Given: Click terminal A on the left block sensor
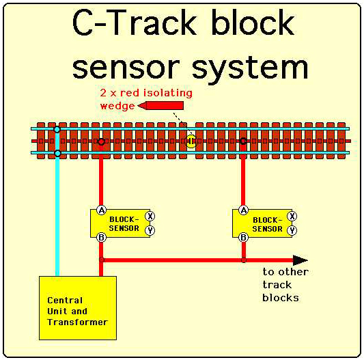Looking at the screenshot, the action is [x=102, y=210].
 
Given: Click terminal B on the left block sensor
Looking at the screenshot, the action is [x=102, y=237].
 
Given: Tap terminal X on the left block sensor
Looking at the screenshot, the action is [x=150, y=217].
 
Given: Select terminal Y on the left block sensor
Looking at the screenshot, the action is [x=150, y=230].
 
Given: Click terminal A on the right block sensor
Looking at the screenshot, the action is [x=244, y=210].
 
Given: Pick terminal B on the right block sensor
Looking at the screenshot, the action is [x=244, y=237].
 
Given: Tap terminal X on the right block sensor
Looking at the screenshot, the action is [x=292, y=217].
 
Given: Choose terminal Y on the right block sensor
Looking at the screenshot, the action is [x=292, y=230].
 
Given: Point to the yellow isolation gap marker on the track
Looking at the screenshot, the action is [x=191, y=141].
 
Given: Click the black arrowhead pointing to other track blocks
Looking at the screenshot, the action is [x=300, y=260].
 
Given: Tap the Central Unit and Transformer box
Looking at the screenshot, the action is [x=78, y=308].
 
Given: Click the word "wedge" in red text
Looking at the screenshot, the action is [x=117, y=106].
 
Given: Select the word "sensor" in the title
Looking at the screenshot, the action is [x=126, y=68].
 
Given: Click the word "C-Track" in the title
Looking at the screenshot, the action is [x=135, y=23].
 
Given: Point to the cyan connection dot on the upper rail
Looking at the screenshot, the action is [x=57, y=129].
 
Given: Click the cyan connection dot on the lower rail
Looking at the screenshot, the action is [x=57, y=153].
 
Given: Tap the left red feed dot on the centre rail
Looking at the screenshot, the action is [x=101, y=141].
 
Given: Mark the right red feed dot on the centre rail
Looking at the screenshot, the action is [x=243, y=141].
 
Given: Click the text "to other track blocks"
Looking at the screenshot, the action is [x=285, y=285].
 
